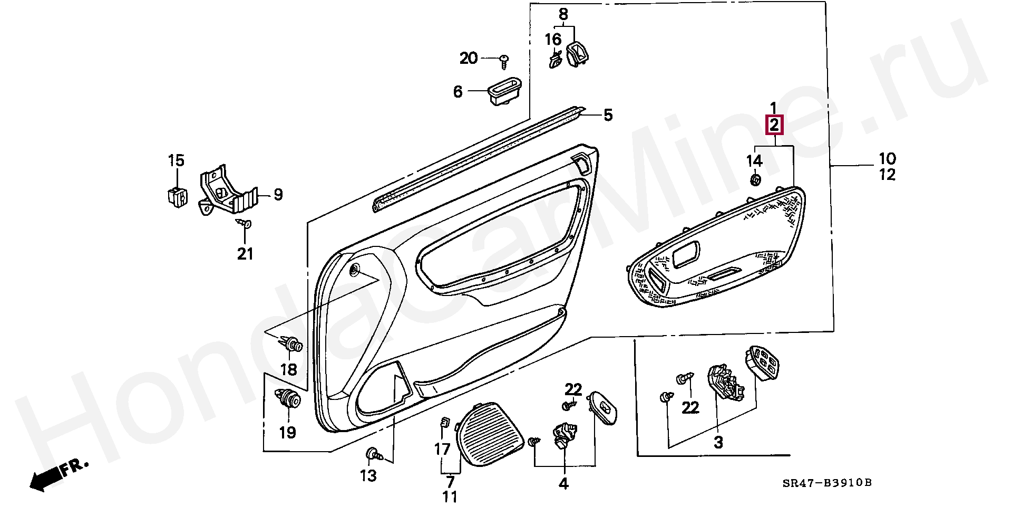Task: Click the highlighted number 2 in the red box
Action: (x=774, y=126)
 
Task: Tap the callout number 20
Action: (x=468, y=58)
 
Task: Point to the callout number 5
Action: (x=608, y=115)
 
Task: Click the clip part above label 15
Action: (x=176, y=196)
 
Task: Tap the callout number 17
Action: (x=442, y=449)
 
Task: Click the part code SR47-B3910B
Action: (x=827, y=483)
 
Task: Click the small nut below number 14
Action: (x=755, y=180)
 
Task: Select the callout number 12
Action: (x=887, y=175)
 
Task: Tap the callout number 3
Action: (x=718, y=442)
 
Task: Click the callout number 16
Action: (x=553, y=40)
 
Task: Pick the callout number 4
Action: (x=563, y=483)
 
